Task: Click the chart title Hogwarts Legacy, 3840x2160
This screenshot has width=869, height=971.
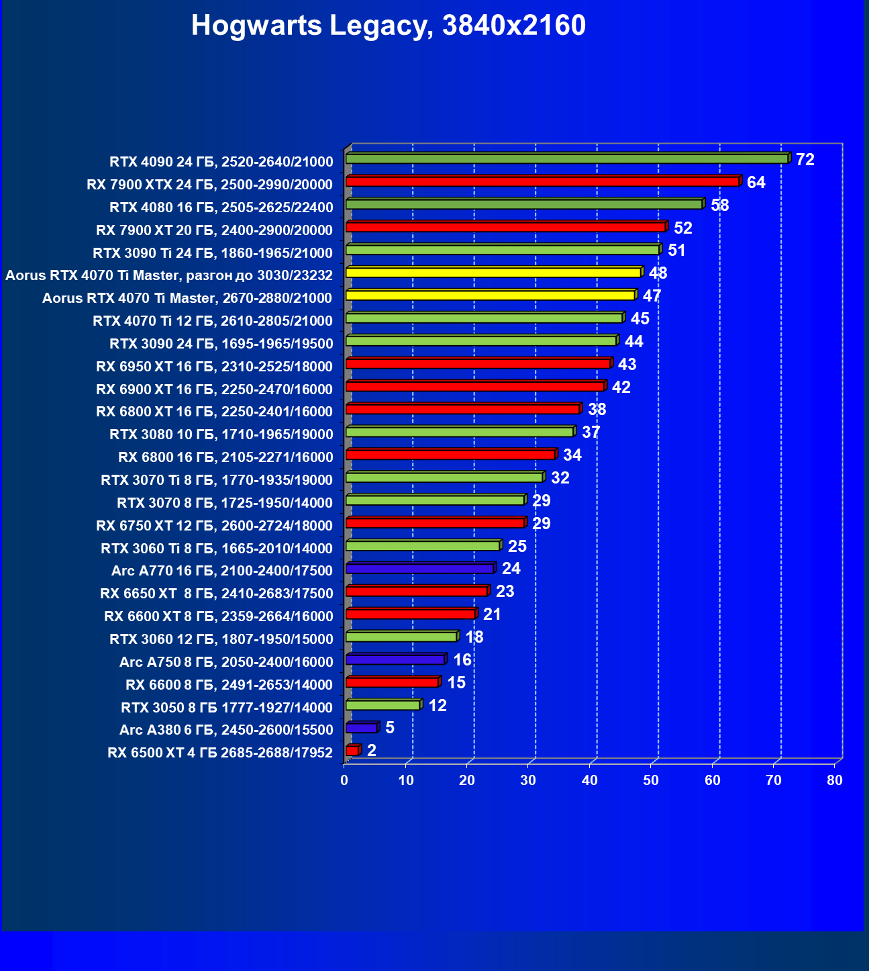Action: coord(389,26)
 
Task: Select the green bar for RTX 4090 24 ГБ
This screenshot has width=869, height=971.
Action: coord(566,159)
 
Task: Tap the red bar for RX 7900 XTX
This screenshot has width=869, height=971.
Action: coord(542,181)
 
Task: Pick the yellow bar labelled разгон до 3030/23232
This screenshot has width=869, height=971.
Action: coord(493,273)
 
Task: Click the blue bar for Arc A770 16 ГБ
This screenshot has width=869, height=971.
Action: coord(419,569)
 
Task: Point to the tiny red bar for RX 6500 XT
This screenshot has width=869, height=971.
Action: coord(352,750)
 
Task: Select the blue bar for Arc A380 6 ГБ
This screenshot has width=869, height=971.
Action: coord(361,728)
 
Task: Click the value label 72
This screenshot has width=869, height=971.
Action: coord(805,160)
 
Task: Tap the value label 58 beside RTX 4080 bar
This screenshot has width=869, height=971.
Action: coord(719,205)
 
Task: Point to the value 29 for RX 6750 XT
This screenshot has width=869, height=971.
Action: coord(541,524)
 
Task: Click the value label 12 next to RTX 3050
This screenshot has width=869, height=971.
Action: coord(438,706)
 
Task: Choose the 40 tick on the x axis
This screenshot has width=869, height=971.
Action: coord(589,780)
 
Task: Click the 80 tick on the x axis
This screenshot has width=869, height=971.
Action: coord(834,780)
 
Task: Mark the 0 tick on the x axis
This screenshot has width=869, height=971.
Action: coord(344,780)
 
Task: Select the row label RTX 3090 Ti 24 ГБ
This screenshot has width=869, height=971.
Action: coord(212,253)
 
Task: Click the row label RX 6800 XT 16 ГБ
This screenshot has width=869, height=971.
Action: coord(214,412)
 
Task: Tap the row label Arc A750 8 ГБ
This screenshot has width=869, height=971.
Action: coord(225,662)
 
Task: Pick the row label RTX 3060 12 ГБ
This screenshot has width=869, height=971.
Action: coord(221,639)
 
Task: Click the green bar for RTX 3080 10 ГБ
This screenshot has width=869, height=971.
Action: coord(460,432)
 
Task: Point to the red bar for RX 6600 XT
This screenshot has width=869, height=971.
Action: coord(411,614)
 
